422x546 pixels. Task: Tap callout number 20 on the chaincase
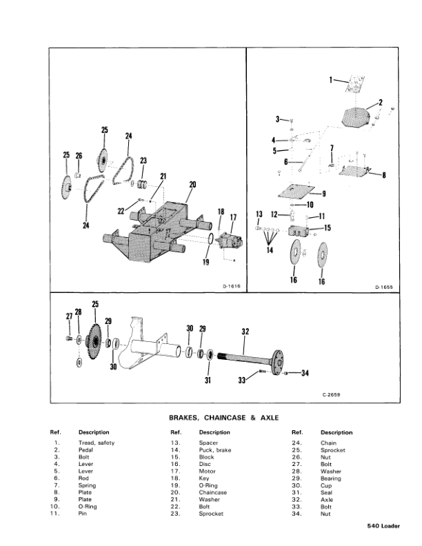pyautogui.click(x=192, y=185)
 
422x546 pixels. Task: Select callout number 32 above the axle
pyautogui.click(x=245, y=332)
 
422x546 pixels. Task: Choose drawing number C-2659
pyautogui.click(x=331, y=395)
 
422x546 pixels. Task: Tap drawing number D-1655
pyautogui.click(x=383, y=285)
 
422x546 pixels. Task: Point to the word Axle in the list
pyautogui.click(x=327, y=500)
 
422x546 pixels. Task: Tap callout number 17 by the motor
pyautogui.click(x=232, y=217)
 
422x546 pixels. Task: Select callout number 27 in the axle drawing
pyautogui.click(x=68, y=316)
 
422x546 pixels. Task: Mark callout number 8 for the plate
pyautogui.click(x=383, y=174)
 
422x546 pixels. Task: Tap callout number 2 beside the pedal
pyautogui.click(x=380, y=102)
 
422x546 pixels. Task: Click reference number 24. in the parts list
pyautogui.click(x=297, y=443)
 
